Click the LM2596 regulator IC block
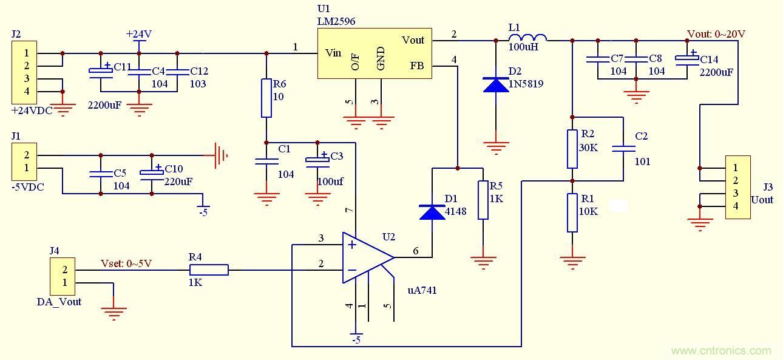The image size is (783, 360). click(x=375, y=53)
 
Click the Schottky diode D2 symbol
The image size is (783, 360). click(x=496, y=85)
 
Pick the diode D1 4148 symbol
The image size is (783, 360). click(x=432, y=212)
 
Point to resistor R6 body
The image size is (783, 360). click(x=266, y=98)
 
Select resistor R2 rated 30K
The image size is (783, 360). click(x=572, y=149)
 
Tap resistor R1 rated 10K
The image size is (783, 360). click(x=572, y=212)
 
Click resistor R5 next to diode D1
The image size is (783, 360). click(x=483, y=200)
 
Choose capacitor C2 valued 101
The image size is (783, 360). click(x=623, y=148)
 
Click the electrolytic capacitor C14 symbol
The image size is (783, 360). click(x=686, y=59)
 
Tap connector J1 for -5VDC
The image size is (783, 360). click(x=26, y=161)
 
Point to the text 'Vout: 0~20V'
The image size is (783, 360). click(x=716, y=34)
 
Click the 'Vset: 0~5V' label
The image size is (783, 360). click(x=126, y=263)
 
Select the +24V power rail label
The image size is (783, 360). click(x=138, y=35)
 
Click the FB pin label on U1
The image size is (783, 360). click(x=416, y=66)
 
